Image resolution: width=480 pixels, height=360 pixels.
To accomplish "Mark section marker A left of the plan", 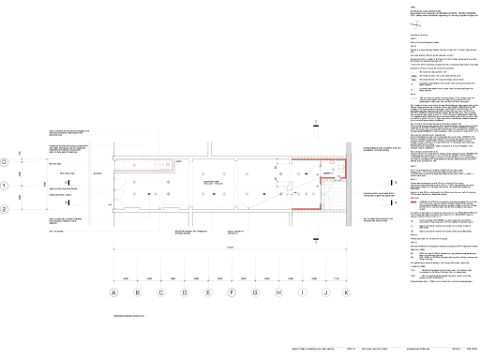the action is coord(52,162).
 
